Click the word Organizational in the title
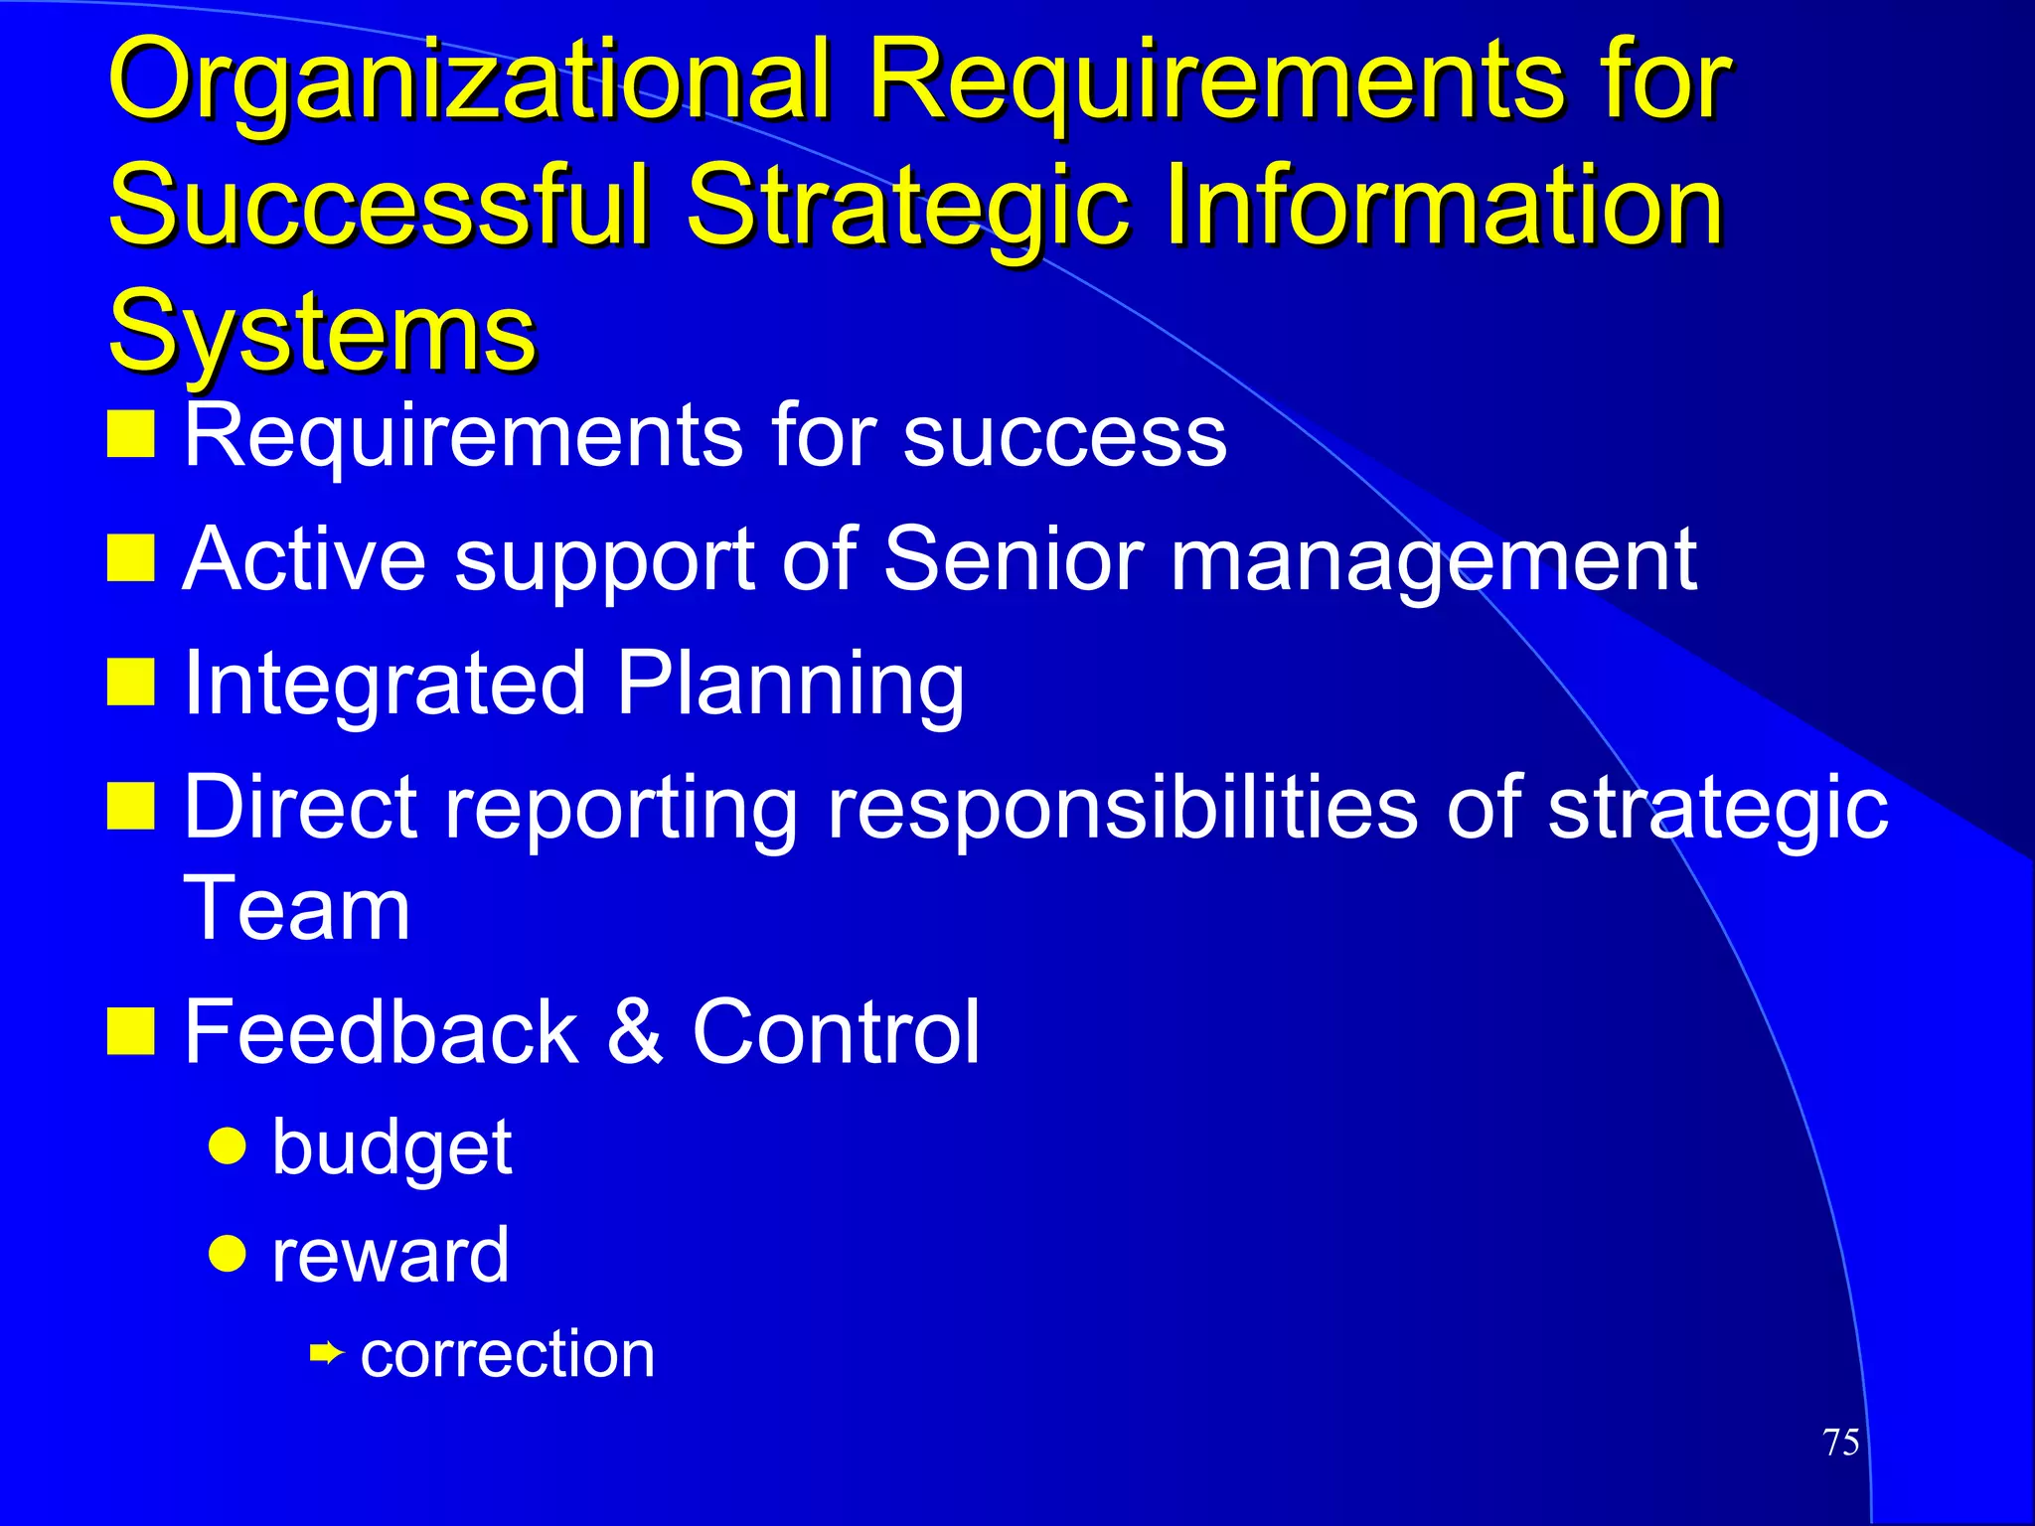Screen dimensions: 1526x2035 (x=467, y=84)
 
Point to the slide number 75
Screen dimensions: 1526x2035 (x=1841, y=1442)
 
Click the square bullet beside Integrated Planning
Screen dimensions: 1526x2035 (x=130, y=683)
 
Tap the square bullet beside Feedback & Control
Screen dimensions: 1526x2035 (x=130, y=1030)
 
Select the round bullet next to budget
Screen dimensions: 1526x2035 (x=228, y=1145)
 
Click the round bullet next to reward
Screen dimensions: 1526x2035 (x=228, y=1254)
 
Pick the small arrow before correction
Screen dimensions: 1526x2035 (x=326, y=1353)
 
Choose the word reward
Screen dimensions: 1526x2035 (x=390, y=1256)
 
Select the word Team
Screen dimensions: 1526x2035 (x=296, y=908)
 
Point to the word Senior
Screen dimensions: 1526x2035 (x=1013, y=559)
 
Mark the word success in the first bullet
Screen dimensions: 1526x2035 (x=1064, y=436)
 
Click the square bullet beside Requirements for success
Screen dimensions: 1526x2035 (x=130, y=434)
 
